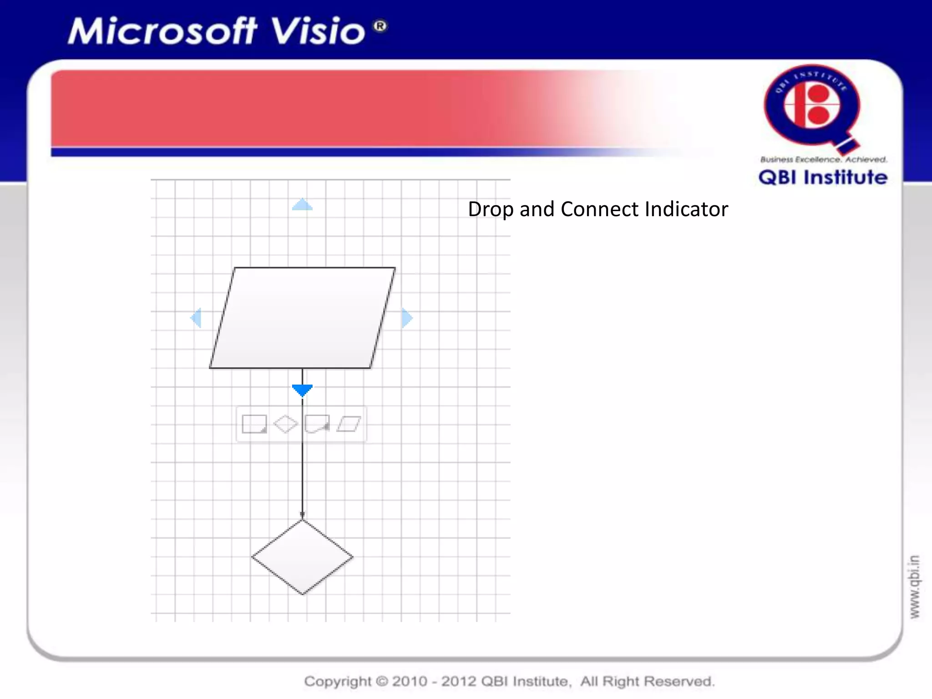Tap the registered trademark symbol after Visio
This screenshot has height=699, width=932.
[x=380, y=26]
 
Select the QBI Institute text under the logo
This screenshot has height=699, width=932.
[x=823, y=177]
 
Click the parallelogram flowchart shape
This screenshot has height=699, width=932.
[x=303, y=318]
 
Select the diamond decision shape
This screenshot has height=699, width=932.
[x=303, y=557]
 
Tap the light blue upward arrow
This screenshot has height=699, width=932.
[x=302, y=205]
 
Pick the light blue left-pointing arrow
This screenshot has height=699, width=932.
[x=196, y=318]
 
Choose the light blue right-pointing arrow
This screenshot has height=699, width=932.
[x=407, y=318]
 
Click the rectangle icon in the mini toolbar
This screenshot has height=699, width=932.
[x=254, y=424]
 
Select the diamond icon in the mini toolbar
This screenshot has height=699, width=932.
[x=285, y=424]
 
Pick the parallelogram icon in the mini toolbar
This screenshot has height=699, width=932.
[x=349, y=424]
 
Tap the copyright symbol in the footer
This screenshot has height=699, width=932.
[x=382, y=681]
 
